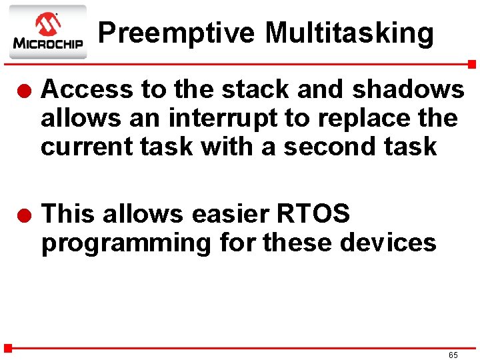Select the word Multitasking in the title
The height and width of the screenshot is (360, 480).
point(349,33)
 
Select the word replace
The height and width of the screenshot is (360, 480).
point(365,118)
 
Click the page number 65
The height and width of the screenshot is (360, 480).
point(453,355)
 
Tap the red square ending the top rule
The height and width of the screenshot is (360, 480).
point(472,64)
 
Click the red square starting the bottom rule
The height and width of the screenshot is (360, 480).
point(8,347)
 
